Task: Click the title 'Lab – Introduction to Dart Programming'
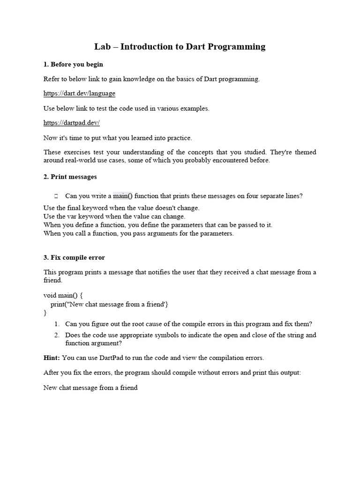(180, 46)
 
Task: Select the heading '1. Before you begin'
(73, 64)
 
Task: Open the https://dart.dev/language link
(79, 93)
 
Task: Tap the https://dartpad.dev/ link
(72, 123)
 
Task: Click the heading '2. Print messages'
(70, 177)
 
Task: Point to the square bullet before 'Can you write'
(56, 196)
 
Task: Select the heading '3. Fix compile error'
(74, 257)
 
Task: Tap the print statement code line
(109, 304)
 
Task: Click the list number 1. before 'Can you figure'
(56, 324)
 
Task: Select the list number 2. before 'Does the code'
(56, 335)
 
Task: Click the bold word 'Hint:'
(52, 358)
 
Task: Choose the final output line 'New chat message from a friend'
(90, 388)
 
